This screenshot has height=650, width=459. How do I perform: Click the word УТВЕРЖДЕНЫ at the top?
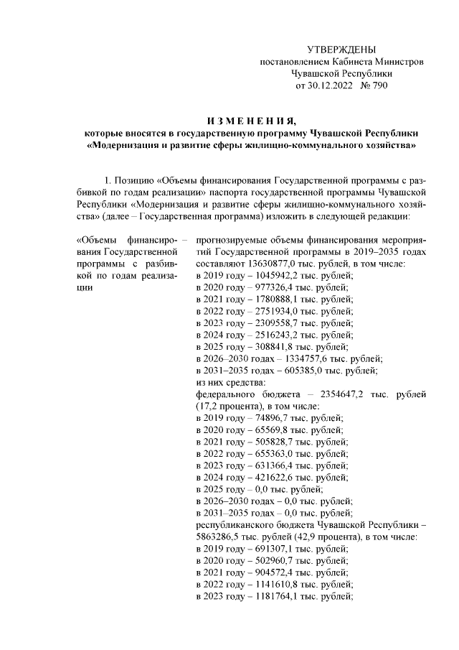341,50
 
